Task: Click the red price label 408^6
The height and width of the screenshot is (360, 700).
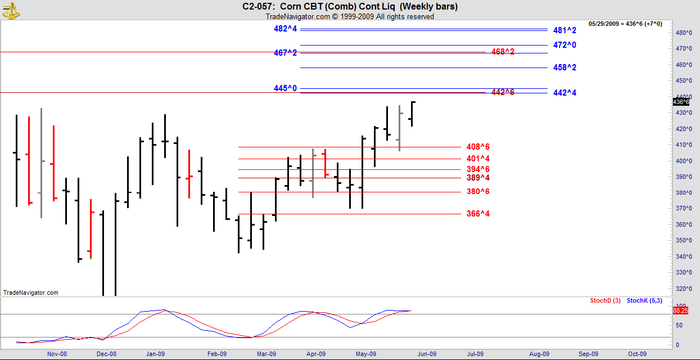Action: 478,147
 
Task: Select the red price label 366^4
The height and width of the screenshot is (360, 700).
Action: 478,214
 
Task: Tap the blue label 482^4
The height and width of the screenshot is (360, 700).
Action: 285,29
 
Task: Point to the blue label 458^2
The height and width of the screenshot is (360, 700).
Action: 564,67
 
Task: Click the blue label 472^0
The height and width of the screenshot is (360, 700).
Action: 564,45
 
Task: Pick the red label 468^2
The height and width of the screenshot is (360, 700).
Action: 503,52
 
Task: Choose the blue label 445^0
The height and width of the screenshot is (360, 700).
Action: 285,88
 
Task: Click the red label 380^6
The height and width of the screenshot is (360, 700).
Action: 478,191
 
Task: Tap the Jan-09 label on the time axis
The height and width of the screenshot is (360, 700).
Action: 155,354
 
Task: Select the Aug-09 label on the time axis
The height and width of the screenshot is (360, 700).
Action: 539,354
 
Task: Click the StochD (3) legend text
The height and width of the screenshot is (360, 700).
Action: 605,301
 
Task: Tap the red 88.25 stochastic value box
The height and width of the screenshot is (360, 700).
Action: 680,310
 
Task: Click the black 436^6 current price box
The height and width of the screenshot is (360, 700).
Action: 680,101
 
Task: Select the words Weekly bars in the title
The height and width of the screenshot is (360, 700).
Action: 428,7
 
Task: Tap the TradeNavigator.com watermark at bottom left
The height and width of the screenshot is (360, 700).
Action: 30,292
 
